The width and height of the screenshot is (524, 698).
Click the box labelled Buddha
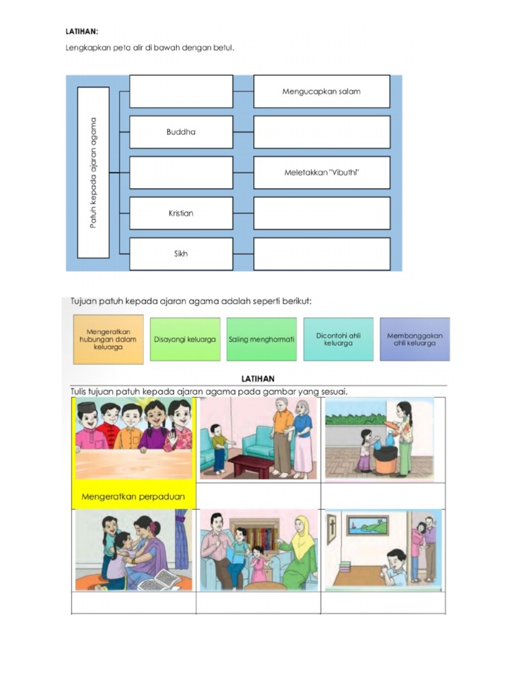pyautogui.click(x=181, y=132)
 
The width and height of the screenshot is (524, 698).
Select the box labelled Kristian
pyautogui.click(x=181, y=213)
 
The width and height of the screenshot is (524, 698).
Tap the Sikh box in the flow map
pyautogui.click(x=181, y=254)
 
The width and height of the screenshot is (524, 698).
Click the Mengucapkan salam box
pyautogui.click(x=321, y=91)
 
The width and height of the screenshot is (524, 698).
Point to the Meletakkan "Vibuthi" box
pyautogui.click(x=321, y=172)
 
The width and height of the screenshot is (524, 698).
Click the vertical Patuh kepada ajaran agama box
pyautogui.click(x=93, y=172)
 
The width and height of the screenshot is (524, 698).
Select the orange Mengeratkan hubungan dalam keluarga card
pyautogui.click(x=108, y=339)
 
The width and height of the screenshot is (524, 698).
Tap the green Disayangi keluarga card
pyautogui.click(x=185, y=339)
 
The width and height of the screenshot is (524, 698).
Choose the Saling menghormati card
pyautogui.click(x=261, y=339)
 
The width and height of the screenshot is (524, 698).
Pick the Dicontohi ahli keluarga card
pyautogui.click(x=338, y=339)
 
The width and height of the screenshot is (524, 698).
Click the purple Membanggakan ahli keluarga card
pyautogui.click(x=414, y=339)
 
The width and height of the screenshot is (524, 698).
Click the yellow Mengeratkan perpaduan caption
pyautogui.click(x=133, y=496)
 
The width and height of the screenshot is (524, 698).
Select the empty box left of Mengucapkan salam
pyautogui.click(x=181, y=91)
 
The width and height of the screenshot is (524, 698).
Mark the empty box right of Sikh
pyautogui.click(x=321, y=254)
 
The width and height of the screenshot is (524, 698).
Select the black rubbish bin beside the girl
pyautogui.click(x=385, y=458)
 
